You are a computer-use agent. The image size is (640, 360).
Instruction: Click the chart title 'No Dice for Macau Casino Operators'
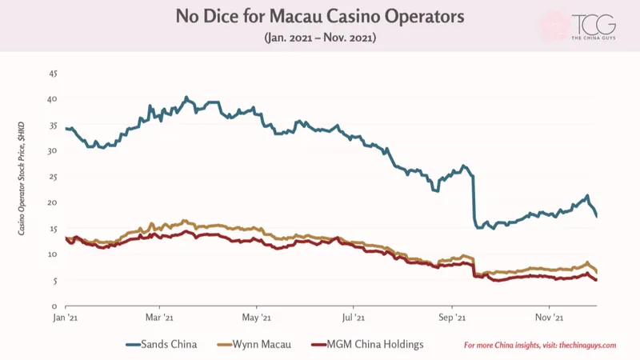tap(320, 16)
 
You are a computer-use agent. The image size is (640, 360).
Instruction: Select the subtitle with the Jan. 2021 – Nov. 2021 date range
tap(320, 38)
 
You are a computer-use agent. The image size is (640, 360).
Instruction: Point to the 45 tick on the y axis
tap(53, 74)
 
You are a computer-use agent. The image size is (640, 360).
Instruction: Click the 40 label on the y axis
tap(53, 99)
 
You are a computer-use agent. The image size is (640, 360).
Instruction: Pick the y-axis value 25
tap(53, 177)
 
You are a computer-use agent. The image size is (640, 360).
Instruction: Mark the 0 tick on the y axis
tap(54, 306)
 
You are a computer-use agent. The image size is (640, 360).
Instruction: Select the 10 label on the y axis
tap(53, 254)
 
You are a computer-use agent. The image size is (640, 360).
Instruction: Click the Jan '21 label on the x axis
tap(66, 318)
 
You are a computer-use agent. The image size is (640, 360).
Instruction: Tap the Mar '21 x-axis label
tap(159, 318)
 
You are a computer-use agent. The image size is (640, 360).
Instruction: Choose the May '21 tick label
tap(256, 318)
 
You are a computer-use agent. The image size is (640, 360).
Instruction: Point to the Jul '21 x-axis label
tap(353, 318)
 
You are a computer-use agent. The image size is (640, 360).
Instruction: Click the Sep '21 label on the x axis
tap(452, 318)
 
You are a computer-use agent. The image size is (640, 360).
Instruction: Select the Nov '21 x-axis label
tap(550, 318)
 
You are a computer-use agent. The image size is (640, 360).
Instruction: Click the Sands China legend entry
tap(162, 345)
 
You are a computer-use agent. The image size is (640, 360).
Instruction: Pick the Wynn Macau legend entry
tap(254, 345)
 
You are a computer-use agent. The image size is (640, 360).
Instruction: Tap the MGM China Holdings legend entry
tap(367, 345)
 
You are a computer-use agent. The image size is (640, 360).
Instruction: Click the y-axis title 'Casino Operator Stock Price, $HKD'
tap(22, 178)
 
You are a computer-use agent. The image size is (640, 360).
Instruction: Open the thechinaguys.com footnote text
tap(540, 346)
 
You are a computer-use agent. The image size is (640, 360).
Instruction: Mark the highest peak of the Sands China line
tap(186, 97)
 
